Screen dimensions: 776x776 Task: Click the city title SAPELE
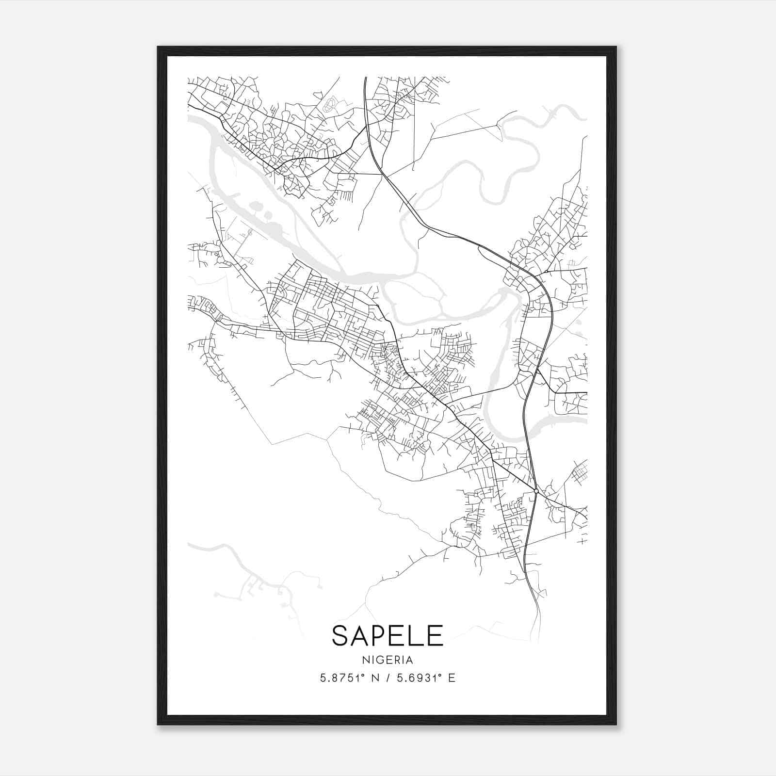[x=388, y=636]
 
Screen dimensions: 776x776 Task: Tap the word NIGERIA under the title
[x=388, y=660]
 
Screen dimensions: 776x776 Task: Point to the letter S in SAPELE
[x=340, y=636]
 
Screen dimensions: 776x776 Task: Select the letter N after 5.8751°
[x=374, y=679]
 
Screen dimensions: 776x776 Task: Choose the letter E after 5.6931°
[x=452, y=679]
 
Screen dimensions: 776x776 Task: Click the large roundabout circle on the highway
[x=536, y=491]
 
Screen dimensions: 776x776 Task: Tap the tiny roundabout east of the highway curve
[x=546, y=272]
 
